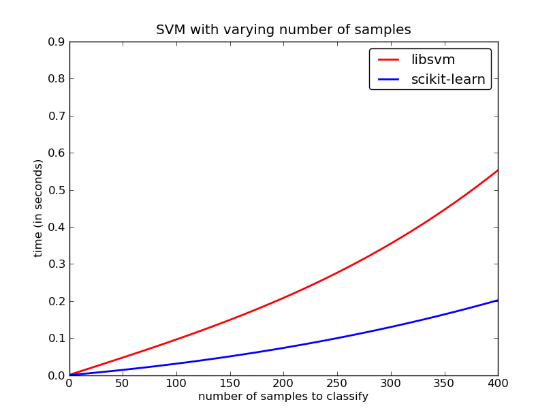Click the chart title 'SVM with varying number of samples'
coord(283,30)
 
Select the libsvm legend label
coord(432,60)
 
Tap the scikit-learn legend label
coord(448,80)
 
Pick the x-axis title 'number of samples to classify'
coord(283,397)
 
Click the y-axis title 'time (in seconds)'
coord(39,208)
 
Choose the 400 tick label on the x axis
coord(498,384)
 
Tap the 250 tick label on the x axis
coord(337,384)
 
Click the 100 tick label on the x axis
coord(176,384)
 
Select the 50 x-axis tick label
coord(123,384)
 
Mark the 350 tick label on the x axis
coord(444,384)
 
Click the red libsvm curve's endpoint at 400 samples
coord(498,170)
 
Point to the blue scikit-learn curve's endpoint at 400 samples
coord(498,300)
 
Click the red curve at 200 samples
coord(283,297)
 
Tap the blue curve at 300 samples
coord(391,327)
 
